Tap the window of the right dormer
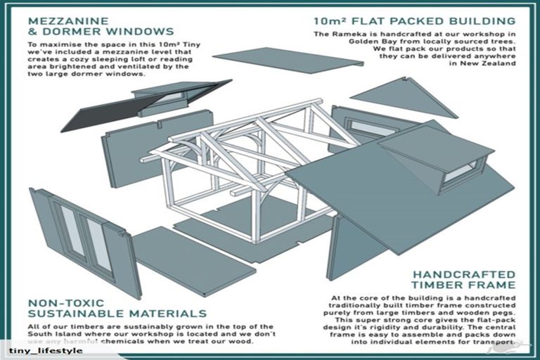(x=461, y=172)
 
